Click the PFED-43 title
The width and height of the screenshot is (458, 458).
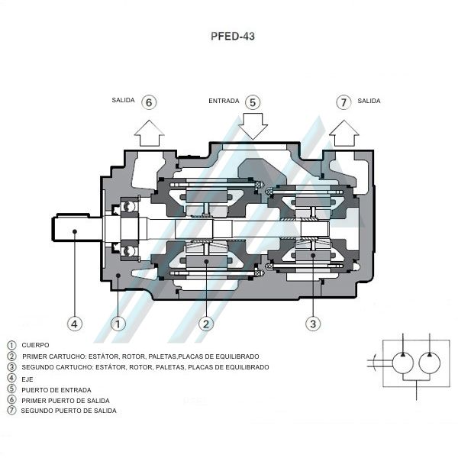[x=233, y=36]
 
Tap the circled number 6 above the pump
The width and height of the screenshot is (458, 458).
[x=149, y=102]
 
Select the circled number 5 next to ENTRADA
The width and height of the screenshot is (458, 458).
[x=253, y=102]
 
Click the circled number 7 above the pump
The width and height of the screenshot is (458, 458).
[x=343, y=102]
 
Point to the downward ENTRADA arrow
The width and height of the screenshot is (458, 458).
[x=253, y=126]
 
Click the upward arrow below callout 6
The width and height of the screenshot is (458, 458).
[x=150, y=133]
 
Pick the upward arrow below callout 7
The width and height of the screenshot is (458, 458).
[x=344, y=133]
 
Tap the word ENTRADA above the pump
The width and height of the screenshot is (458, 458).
[x=224, y=101]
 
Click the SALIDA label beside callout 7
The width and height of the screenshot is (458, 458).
[x=369, y=101]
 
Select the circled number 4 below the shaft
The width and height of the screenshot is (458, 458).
[x=75, y=324]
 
